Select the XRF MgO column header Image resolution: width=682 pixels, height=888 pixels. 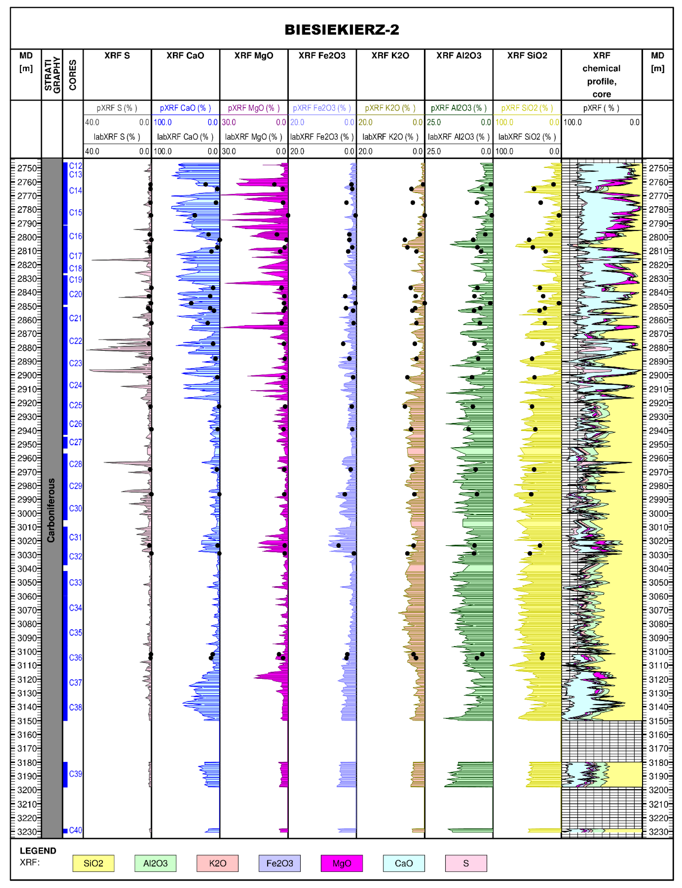[x=254, y=56]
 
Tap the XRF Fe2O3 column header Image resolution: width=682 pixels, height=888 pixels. [x=322, y=56]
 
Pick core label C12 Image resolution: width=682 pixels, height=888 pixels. [x=76, y=166]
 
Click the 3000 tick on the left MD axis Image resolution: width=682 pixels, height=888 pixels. [x=27, y=513]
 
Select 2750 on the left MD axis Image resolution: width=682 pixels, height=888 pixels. [x=27, y=168]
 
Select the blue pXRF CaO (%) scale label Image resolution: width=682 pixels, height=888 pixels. [x=185, y=108]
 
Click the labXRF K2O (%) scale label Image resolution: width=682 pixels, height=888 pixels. [x=390, y=137]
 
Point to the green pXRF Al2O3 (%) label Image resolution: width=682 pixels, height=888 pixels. [x=459, y=108]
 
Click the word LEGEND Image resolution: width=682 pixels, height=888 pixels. [x=38, y=851]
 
